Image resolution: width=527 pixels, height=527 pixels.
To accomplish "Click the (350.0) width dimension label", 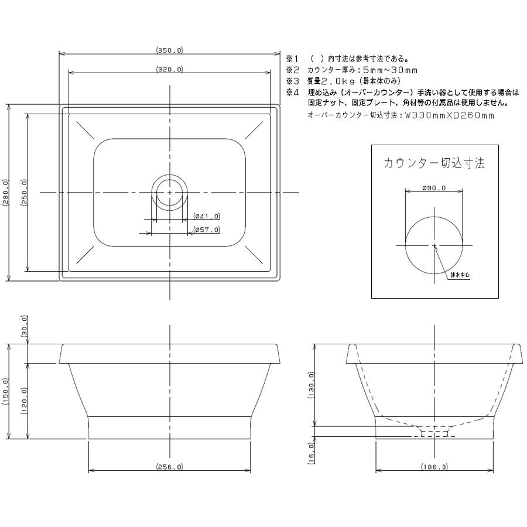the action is pos(169,50).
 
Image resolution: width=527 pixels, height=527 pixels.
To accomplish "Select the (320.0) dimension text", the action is pos(169,69).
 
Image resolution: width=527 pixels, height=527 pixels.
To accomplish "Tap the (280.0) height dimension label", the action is pos(5,193).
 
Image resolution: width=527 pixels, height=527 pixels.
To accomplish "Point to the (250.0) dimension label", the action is pos(24,193).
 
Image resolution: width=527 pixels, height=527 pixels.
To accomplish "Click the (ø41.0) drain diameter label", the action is pos(207,216).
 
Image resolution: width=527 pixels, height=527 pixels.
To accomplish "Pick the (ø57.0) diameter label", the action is pos(207,230).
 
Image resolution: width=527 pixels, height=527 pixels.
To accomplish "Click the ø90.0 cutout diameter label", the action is pos(434,188).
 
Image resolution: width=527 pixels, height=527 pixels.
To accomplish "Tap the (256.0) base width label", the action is pos(169,467).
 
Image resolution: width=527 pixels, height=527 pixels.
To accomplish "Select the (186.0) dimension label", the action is pos(434,467).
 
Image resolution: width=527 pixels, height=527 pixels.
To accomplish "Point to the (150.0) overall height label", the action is pos(5,392).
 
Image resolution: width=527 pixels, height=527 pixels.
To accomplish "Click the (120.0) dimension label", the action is pos(24,401).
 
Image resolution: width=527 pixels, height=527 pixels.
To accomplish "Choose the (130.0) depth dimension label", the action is pos(311,385).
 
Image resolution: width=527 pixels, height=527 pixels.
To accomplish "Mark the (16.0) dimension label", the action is pos(311,453).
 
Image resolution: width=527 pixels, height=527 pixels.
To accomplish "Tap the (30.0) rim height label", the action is pos(24,326).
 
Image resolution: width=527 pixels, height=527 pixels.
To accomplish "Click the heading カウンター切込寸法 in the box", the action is pos(434,163).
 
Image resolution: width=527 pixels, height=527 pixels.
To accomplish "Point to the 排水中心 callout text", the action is pos(460,275).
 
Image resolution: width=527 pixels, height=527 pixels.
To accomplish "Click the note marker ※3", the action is pos(292,81).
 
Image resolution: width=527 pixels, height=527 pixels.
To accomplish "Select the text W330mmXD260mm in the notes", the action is pos(449,115).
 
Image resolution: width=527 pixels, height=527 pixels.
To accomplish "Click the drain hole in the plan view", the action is pos(169,192).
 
